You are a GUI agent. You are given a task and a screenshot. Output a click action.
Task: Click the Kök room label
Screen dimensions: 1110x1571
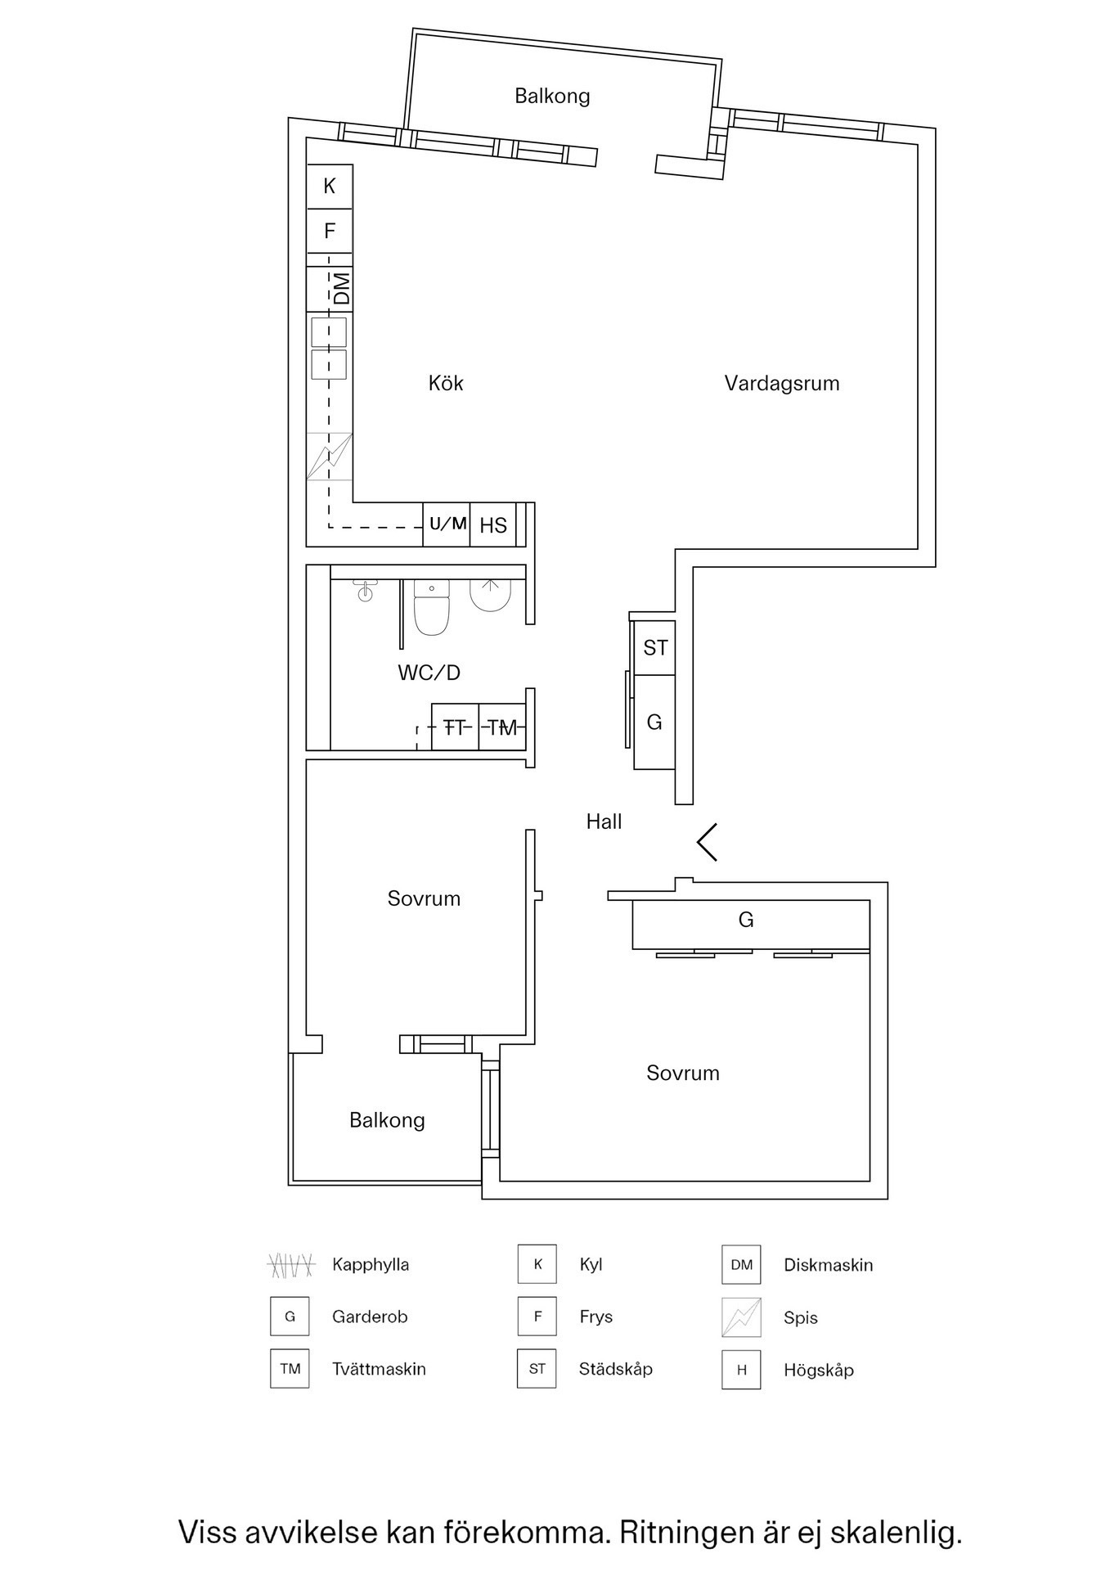(x=446, y=384)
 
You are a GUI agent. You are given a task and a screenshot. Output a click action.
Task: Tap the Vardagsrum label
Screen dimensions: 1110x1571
(x=781, y=384)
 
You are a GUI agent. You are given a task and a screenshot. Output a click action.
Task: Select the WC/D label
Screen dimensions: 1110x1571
(x=429, y=673)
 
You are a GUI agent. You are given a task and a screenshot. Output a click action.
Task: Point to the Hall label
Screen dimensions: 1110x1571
(x=604, y=822)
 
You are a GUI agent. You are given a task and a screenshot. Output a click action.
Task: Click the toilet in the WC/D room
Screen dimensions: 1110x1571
(x=432, y=609)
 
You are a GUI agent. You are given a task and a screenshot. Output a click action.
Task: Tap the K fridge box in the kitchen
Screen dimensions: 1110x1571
(x=330, y=187)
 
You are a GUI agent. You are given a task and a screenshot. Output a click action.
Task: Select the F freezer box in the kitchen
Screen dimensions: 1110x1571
(x=330, y=232)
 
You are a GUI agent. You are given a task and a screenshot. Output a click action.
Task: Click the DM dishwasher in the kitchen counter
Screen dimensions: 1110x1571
(x=341, y=289)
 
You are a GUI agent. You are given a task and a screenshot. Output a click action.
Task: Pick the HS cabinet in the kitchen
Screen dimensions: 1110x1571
(x=493, y=525)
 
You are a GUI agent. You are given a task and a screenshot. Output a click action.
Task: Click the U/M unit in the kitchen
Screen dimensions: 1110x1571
(x=447, y=524)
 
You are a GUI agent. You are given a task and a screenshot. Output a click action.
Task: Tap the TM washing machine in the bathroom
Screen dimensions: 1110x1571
(x=502, y=727)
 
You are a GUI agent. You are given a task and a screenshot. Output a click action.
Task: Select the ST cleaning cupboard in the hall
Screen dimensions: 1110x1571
(x=655, y=648)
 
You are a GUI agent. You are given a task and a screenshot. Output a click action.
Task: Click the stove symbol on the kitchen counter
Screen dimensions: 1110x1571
(x=330, y=457)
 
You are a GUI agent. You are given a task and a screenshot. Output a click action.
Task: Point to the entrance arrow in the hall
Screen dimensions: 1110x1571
(x=707, y=841)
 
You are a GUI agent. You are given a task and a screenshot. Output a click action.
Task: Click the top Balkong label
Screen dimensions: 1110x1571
(x=552, y=97)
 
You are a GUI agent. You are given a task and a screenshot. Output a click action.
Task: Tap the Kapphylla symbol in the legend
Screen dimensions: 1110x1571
(x=291, y=1265)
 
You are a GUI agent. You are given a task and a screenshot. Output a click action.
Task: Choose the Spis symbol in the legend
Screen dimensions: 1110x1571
(x=741, y=1317)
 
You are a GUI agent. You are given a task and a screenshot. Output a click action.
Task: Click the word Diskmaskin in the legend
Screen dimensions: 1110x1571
(x=828, y=1265)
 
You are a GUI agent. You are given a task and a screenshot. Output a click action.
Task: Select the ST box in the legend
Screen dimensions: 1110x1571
(x=537, y=1369)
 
